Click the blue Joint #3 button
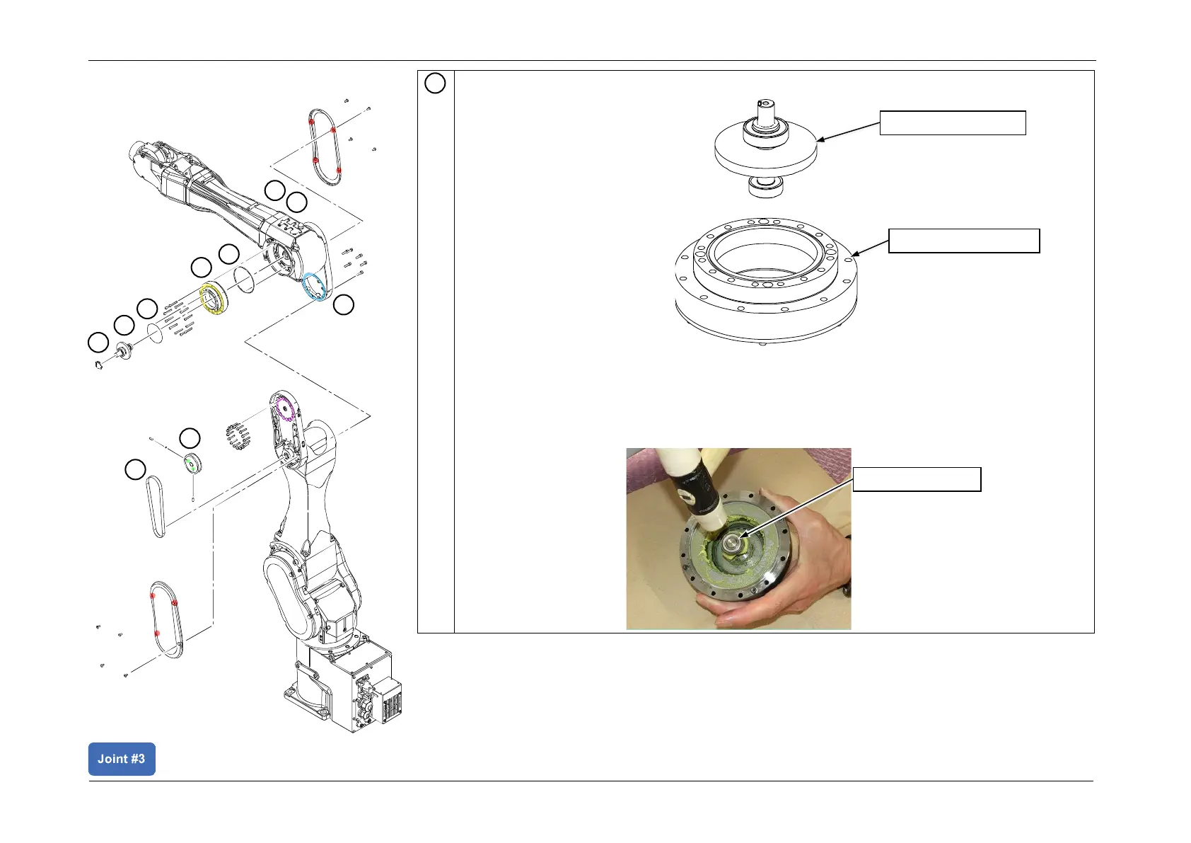pyautogui.click(x=122, y=759)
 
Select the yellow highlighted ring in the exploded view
pyautogui.click(x=213, y=299)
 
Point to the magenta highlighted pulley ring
pyautogui.click(x=284, y=409)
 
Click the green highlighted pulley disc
pyautogui.click(x=191, y=464)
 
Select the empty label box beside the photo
pyautogui.click(x=917, y=479)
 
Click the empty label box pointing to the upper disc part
pyautogui.click(x=952, y=122)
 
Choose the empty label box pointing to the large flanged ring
pyautogui.click(x=963, y=241)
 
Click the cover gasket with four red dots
pyautogui.click(x=325, y=147)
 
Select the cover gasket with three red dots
pyautogui.click(x=167, y=619)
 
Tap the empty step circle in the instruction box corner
pyautogui.click(x=435, y=84)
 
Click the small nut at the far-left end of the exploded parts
pyautogui.click(x=99, y=365)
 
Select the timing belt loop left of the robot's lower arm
pyautogui.click(x=156, y=505)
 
